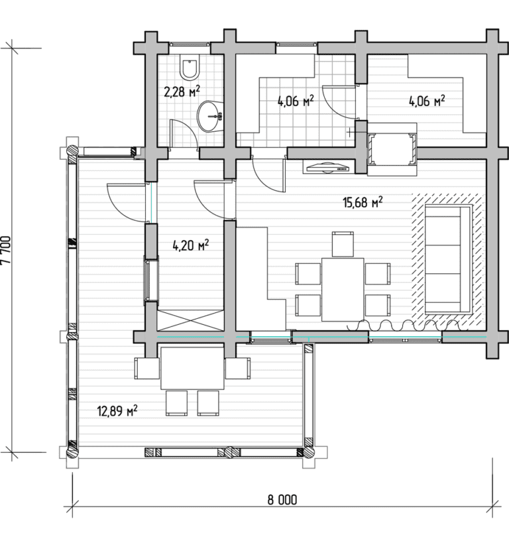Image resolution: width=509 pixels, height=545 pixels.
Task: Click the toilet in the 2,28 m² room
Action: pos(190,66)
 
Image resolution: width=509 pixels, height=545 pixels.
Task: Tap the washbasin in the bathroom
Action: pos(209,117)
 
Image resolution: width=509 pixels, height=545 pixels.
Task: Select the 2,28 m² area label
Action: pos(182,91)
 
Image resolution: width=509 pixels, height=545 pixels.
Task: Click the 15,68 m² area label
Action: pos(363,202)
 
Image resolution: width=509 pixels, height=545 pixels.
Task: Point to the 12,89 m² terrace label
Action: pos(117,411)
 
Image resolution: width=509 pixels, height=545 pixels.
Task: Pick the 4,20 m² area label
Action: pos(191,245)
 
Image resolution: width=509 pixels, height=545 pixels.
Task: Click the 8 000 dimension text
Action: pos(282,500)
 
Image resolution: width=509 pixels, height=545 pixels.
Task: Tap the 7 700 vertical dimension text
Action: pos(7,250)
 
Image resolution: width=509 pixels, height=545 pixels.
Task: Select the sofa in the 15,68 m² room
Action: pos(448,259)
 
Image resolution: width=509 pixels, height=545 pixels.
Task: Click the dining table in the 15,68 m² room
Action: pos(343,289)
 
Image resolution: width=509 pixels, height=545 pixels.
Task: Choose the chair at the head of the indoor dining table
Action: pos(343,244)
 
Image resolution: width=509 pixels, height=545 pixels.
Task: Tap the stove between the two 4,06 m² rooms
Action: pos(392,149)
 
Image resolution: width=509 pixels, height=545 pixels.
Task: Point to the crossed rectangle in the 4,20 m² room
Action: pos(190,320)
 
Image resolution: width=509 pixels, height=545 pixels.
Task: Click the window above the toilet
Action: pos(190,44)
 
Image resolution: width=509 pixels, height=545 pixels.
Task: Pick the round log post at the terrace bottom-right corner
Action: pos(307,452)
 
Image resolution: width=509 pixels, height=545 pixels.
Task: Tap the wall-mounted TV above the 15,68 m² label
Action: pos(327,168)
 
